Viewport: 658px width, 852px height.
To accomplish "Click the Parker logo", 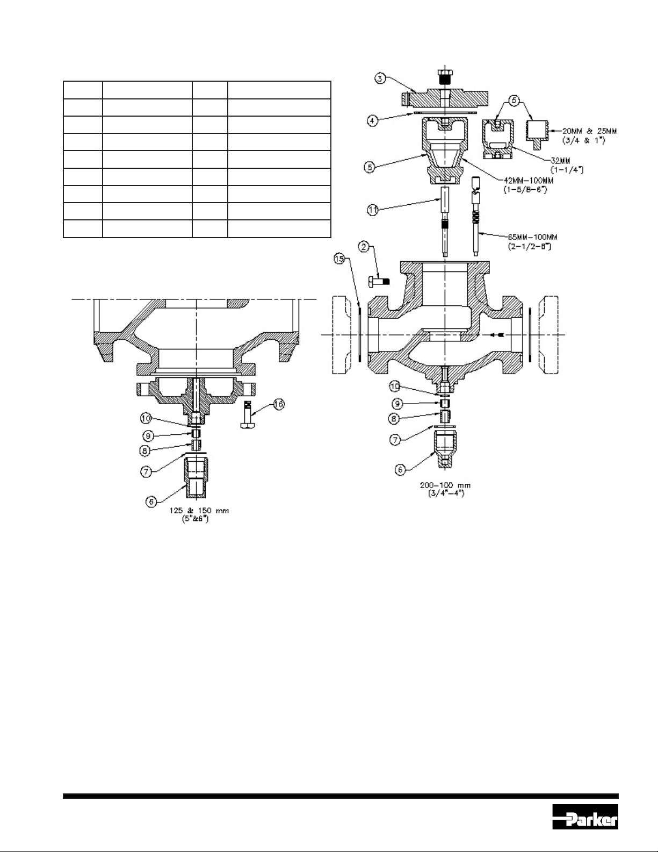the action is [x=585, y=820].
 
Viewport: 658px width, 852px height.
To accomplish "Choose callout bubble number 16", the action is [x=278, y=405].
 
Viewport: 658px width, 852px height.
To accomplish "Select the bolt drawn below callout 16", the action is [x=248, y=417].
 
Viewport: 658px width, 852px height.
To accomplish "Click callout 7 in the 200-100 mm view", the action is [x=394, y=439].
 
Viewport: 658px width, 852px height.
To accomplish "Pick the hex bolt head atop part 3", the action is [x=445, y=76].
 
